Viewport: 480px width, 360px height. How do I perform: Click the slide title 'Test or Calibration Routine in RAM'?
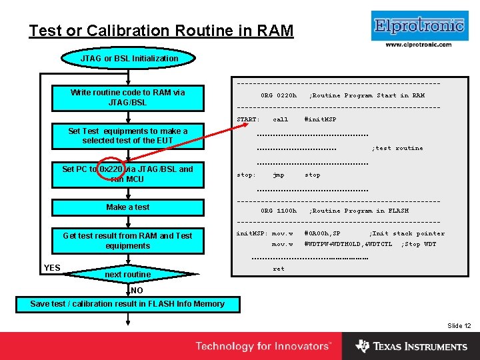pyautogui.click(x=161, y=31)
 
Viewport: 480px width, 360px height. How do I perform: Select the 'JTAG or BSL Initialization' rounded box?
pyautogui.click(x=129, y=59)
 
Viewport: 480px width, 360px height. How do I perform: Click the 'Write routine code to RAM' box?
pyautogui.click(x=128, y=97)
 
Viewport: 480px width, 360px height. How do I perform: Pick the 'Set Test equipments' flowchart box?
pyautogui.click(x=128, y=136)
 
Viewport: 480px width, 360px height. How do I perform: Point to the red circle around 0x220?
pyautogui.click(x=111, y=170)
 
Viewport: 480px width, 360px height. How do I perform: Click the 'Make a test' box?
pyautogui.click(x=128, y=207)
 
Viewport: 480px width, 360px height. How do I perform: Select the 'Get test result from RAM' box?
pyautogui.click(x=128, y=241)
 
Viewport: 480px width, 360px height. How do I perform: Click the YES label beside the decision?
pyautogui.click(x=52, y=268)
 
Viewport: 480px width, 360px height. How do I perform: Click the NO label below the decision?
pyautogui.click(x=137, y=291)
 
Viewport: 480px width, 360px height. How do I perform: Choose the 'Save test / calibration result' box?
pyautogui.click(x=128, y=304)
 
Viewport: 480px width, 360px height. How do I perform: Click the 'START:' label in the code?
pyautogui.click(x=248, y=120)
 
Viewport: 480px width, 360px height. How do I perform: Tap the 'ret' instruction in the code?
pyautogui.click(x=279, y=269)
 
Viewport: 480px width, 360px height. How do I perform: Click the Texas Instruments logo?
pyautogui.click(x=411, y=347)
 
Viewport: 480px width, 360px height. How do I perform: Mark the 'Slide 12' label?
pyautogui.click(x=459, y=326)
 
